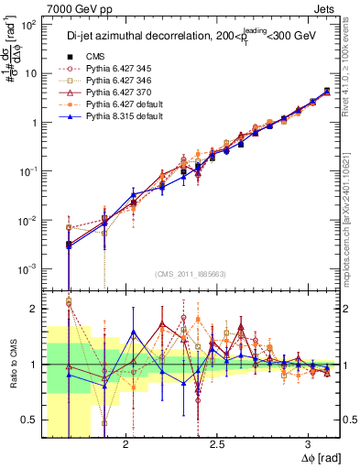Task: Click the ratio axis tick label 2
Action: [34, 309]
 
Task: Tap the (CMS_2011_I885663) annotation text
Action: [191, 274]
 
